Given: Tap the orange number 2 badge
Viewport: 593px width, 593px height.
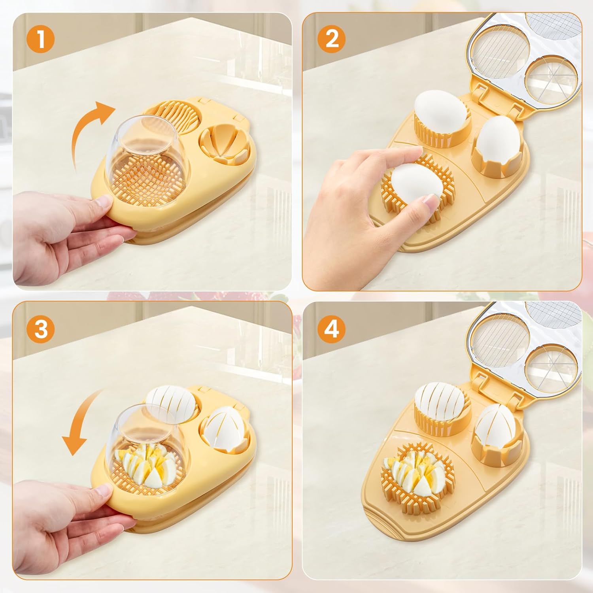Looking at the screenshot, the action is (332, 39).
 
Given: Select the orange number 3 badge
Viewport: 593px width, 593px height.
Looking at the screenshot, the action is (41, 329).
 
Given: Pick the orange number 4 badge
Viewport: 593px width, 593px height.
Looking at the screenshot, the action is (332, 329).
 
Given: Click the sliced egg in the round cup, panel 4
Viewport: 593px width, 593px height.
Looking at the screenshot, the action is (440, 403).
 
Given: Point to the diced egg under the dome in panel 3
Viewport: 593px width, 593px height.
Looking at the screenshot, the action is (148, 466).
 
